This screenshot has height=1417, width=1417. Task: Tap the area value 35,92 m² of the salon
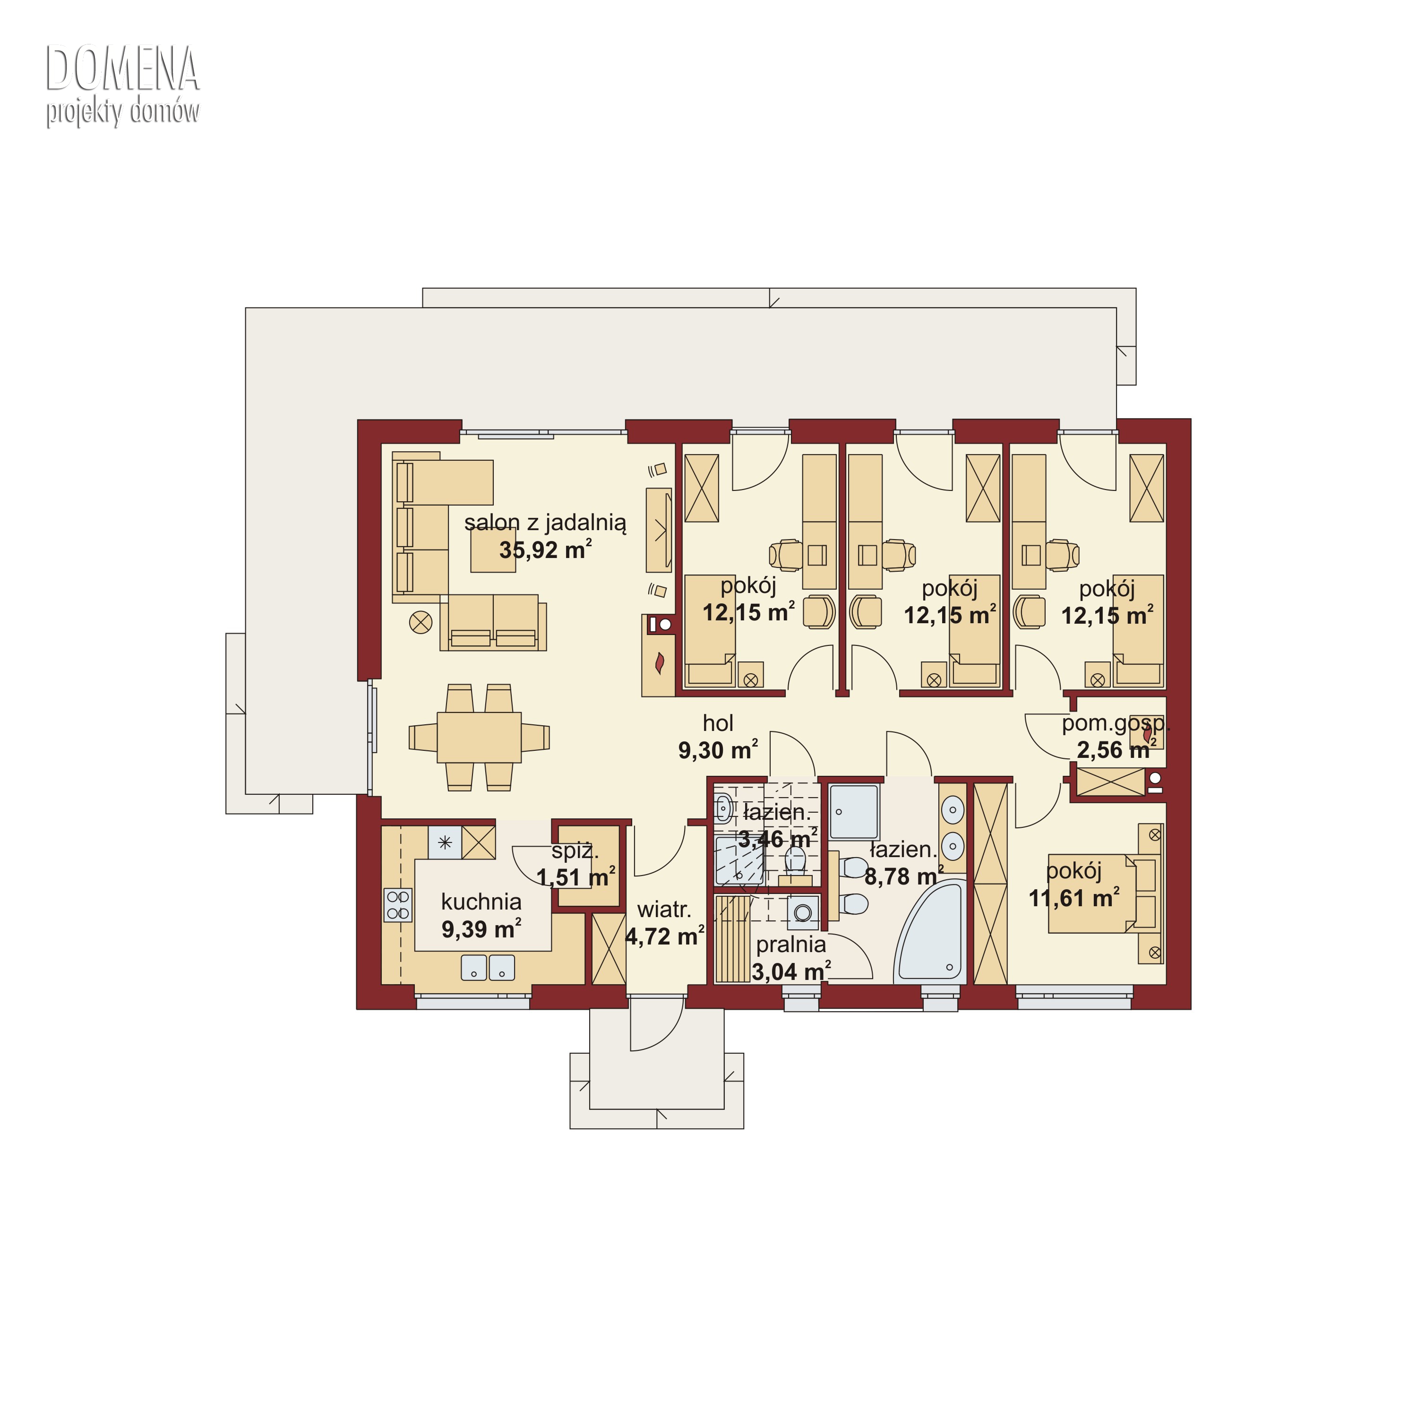pos(546,550)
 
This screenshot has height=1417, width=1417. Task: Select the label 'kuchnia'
pos(481,902)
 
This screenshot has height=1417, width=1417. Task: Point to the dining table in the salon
pos(479,737)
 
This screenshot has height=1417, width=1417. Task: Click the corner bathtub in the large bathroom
pos(930,933)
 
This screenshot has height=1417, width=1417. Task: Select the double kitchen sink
pos(488,967)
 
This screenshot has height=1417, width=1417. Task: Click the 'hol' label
pos(718,723)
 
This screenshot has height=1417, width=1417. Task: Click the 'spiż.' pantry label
pos(575,851)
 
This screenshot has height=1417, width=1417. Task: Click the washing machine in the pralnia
pos(803,912)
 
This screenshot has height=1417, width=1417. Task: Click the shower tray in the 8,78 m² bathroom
pos(854,812)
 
